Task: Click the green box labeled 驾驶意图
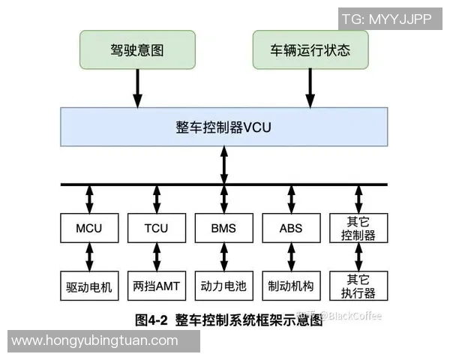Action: (x=136, y=51)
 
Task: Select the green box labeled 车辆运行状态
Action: (x=310, y=51)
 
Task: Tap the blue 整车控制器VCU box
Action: (x=223, y=127)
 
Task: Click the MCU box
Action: (x=89, y=228)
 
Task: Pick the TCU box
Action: (x=156, y=228)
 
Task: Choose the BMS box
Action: (x=223, y=228)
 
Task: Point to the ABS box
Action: (x=290, y=228)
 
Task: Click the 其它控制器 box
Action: (x=359, y=228)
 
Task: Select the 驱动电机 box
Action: (x=89, y=286)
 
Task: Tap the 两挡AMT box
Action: (x=156, y=286)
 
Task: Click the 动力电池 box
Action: (x=223, y=286)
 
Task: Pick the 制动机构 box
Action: (x=290, y=286)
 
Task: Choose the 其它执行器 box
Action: (x=359, y=286)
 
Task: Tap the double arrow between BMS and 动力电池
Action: (x=223, y=256)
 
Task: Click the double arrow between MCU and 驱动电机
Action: (x=89, y=256)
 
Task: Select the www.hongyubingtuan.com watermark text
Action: (x=95, y=341)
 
